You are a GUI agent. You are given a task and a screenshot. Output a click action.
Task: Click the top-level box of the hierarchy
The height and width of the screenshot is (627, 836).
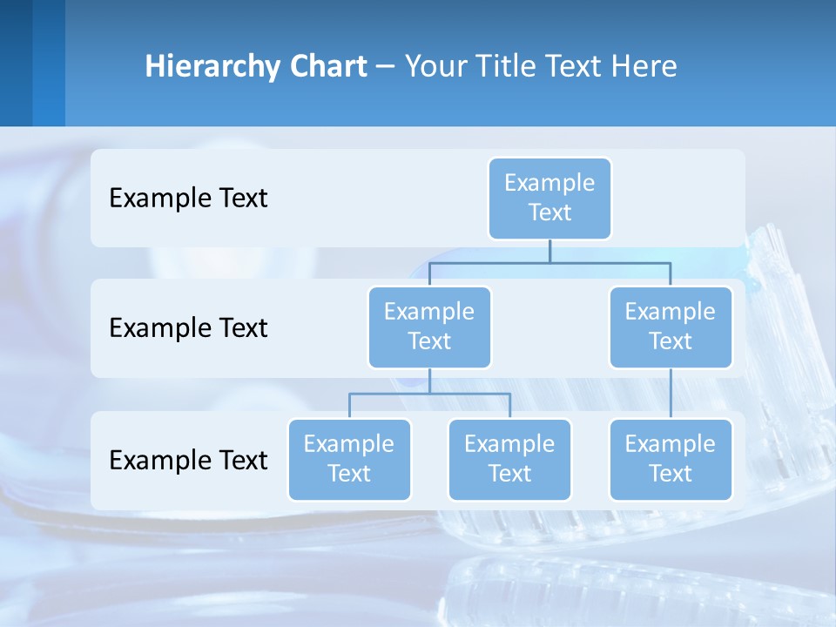point(549,198)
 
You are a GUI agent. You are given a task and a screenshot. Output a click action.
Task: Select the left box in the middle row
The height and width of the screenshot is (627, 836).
point(429,327)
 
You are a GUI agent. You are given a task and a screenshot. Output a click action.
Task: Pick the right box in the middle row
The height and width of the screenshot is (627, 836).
point(671,327)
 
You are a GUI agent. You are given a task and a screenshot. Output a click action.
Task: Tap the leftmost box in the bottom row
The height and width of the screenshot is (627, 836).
point(349,459)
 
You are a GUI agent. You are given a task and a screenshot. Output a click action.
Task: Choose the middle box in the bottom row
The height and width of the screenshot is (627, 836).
point(509,459)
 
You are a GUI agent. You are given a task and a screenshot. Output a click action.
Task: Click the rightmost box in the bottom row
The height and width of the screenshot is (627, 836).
point(671,459)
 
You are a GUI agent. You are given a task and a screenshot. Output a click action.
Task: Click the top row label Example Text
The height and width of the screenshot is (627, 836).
point(188,198)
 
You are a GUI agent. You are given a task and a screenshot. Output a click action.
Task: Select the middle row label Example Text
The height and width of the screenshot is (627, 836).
point(188,327)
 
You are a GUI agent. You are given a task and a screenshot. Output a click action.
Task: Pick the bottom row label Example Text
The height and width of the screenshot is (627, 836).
point(188,459)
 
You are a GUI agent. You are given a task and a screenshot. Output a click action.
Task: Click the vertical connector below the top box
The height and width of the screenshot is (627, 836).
point(549,251)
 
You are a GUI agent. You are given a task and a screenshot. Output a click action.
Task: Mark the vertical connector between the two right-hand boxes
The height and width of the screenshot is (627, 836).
point(671,394)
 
